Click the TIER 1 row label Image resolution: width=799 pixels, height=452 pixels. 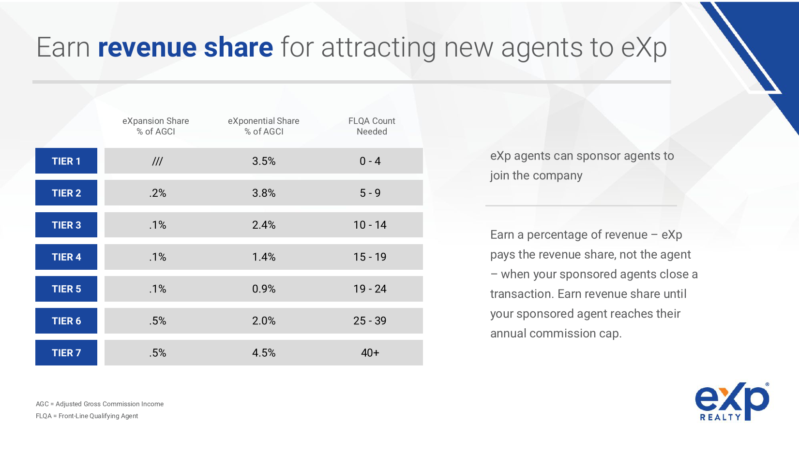pos(66,161)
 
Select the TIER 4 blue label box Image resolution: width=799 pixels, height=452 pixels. pos(66,257)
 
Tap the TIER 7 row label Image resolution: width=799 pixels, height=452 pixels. pos(66,353)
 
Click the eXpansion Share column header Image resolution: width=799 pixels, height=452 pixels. pos(155,126)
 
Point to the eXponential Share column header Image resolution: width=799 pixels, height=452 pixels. pos(264,126)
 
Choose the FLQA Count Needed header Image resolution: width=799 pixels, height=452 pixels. pos(372,126)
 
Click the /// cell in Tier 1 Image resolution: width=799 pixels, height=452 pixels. pos(157,161)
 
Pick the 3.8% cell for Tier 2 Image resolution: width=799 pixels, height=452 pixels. pos(264,193)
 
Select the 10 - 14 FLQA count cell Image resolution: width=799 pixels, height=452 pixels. pos(370,225)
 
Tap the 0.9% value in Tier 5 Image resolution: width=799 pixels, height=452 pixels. pos(264,289)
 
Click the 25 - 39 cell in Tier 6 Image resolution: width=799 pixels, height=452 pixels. pos(370,321)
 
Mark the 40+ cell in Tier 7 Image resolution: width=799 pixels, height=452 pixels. pos(370,353)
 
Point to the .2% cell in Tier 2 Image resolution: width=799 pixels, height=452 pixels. pos(157,193)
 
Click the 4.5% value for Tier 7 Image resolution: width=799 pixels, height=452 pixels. pos(264,353)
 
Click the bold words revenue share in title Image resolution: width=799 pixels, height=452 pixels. pos(185,47)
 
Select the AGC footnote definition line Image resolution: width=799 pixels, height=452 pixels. pos(100,404)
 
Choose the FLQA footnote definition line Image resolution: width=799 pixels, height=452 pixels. pos(87,416)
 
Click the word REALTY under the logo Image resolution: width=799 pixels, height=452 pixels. pos(720,417)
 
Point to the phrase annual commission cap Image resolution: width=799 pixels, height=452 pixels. pos(555,334)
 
